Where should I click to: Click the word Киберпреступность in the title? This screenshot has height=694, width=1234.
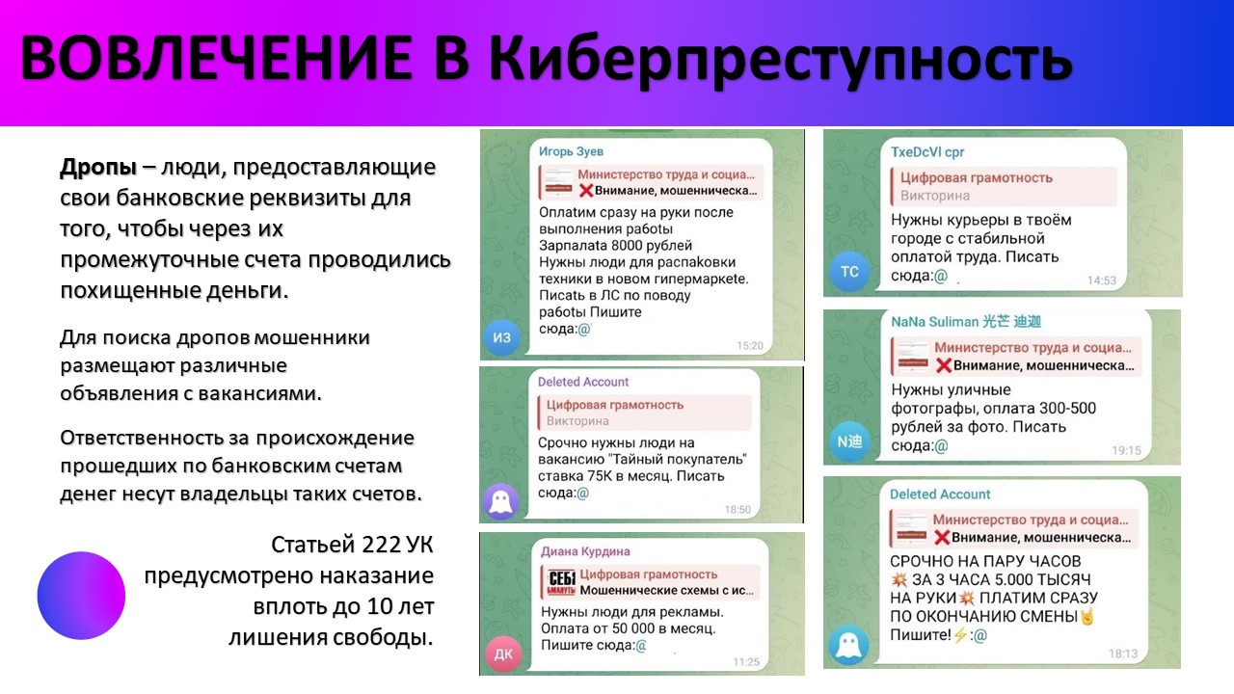coord(781,59)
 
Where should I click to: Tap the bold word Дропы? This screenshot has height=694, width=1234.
coord(98,168)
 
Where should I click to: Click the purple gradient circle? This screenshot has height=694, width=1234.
coord(81,596)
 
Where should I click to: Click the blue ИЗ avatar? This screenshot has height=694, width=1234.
coord(501,337)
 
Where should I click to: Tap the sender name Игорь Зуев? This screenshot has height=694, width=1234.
coord(571,151)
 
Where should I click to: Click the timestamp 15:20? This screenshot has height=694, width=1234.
coord(750,345)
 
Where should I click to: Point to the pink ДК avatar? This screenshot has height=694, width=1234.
coord(503,654)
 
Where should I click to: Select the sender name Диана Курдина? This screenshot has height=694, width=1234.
coord(585,551)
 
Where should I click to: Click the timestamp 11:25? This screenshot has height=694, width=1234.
coord(746,662)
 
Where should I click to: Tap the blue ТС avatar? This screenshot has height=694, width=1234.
coord(849,271)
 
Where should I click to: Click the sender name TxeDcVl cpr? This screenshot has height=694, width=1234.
coord(927,152)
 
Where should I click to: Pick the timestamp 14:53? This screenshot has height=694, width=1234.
coord(1101,280)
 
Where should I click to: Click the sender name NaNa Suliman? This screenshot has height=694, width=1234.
coord(933,322)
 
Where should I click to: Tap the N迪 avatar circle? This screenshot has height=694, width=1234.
coord(849,441)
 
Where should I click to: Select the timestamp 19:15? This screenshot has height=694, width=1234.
coord(1126,450)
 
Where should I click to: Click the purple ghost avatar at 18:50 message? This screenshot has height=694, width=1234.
coord(500,502)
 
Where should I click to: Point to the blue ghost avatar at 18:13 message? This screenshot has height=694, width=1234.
coord(849,646)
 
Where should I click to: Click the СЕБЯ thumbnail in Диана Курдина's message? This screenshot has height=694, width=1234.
coord(561,582)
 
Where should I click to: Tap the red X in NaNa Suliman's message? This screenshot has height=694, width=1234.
coord(944,365)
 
